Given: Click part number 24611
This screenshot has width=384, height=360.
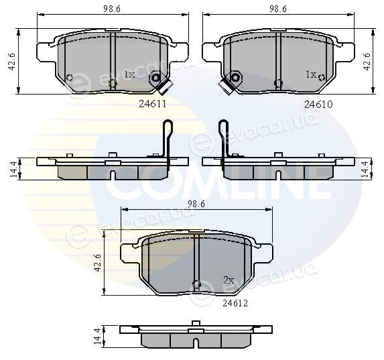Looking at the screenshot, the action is (x=153, y=104).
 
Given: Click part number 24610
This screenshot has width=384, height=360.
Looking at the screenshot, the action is (x=318, y=105).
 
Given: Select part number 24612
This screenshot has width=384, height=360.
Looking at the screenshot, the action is (x=235, y=304).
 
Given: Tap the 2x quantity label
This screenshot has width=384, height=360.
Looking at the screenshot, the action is (x=229, y=280).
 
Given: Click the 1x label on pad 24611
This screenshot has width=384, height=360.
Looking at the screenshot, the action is (x=129, y=74).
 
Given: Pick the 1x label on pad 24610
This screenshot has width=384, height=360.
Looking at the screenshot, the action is (x=311, y=74).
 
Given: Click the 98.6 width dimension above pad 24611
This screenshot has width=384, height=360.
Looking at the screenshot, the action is (x=112, y=9).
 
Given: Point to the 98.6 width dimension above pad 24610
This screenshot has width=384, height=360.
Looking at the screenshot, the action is (x=278, y=9).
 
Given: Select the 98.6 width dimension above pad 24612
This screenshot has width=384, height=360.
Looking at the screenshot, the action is (x=196, y=204).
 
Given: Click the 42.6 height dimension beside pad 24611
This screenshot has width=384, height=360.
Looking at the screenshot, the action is (x=12, y=62).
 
